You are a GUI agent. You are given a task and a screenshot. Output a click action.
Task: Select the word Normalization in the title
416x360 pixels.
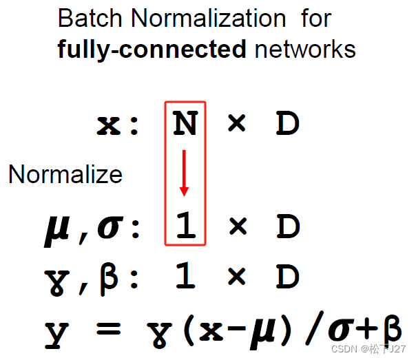[209, 19]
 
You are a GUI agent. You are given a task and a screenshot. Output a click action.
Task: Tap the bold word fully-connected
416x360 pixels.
[152, 49]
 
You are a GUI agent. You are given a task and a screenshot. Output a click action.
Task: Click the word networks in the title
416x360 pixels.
[304, 49]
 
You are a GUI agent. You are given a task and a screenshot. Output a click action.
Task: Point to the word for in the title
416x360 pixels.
[315, 19]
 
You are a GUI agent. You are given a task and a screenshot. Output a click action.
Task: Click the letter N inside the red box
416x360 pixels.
[185, 125]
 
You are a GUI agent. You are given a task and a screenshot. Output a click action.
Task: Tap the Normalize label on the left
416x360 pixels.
[65, 175]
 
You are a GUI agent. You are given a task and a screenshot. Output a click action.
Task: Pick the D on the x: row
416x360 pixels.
[288, 125]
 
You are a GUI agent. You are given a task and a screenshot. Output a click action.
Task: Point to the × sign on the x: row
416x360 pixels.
[236, 125]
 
